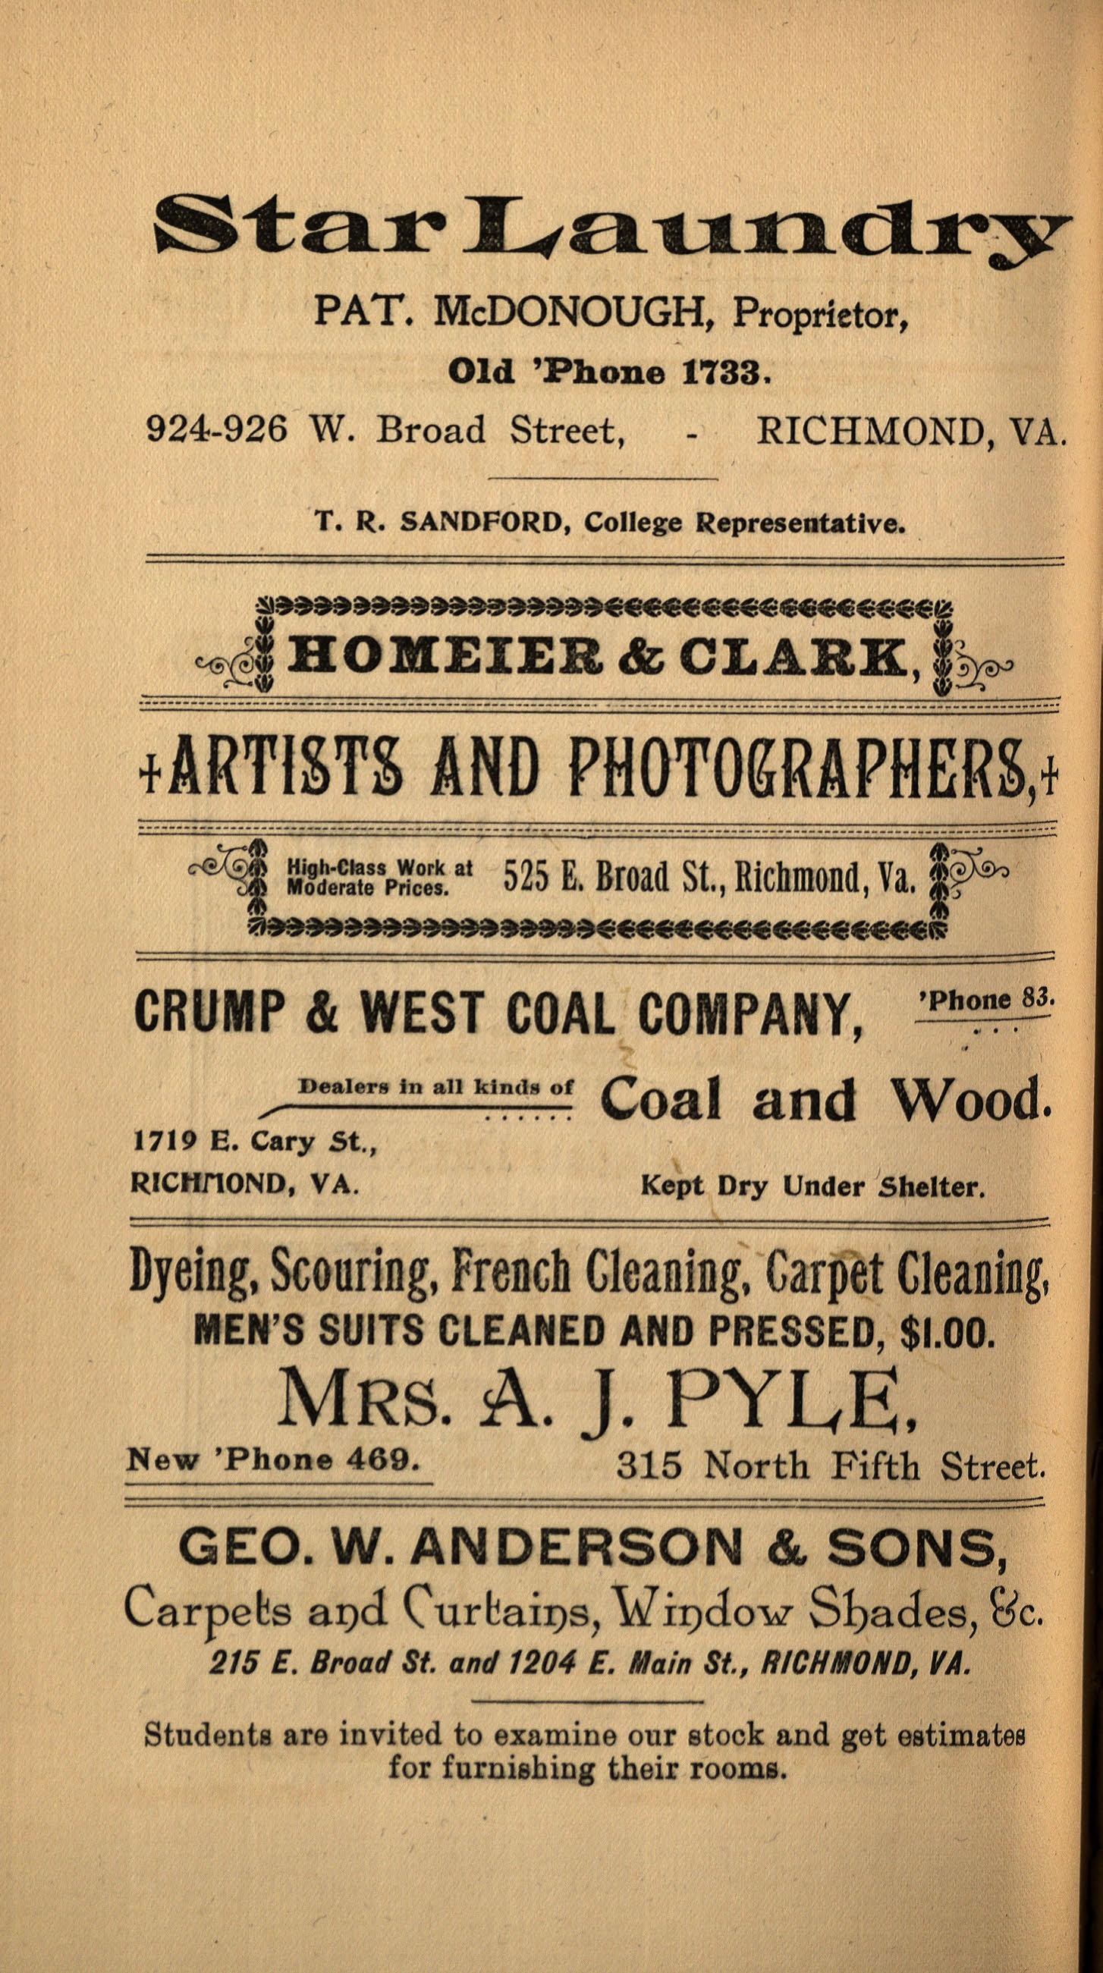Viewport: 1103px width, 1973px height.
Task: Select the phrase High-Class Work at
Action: tap(379, 868)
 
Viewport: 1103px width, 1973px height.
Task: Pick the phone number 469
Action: tap(386, 1459)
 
